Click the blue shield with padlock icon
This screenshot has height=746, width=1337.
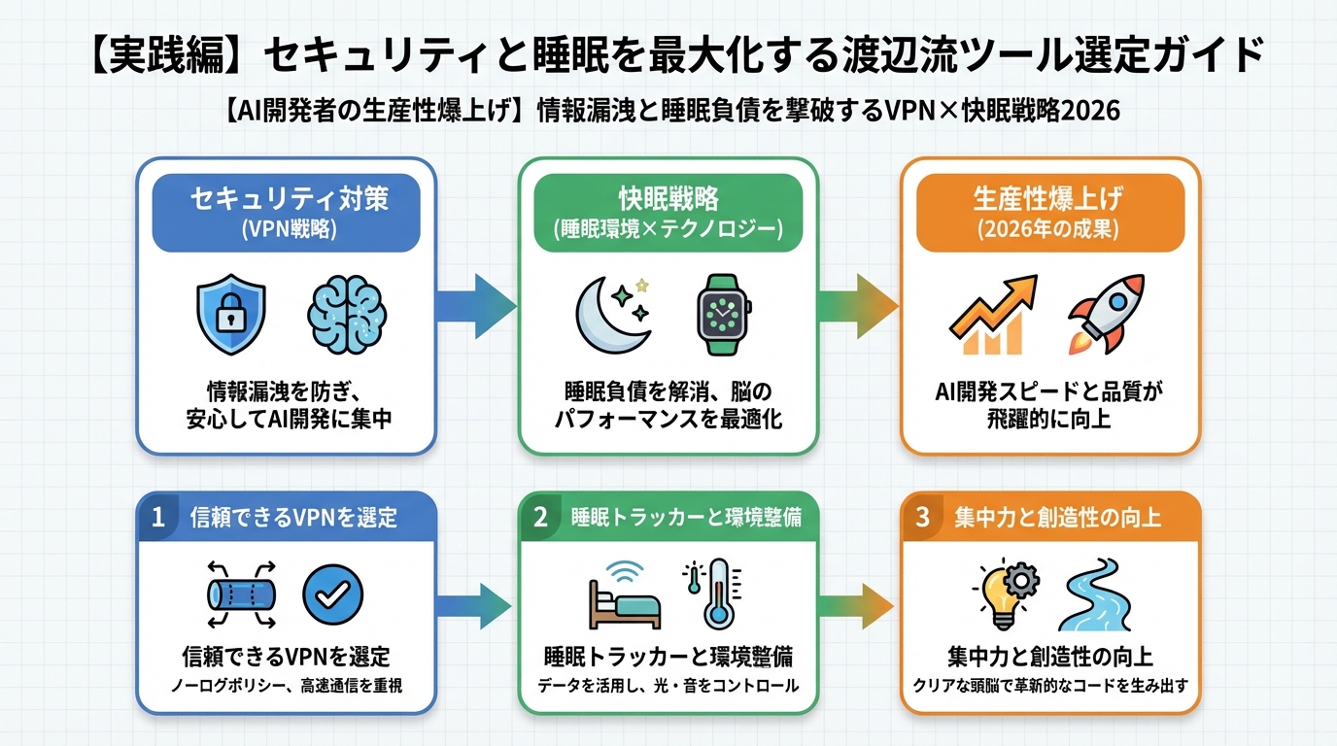[231, 316]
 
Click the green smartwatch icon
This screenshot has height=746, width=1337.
[724, 316]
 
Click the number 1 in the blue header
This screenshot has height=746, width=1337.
[158, 517]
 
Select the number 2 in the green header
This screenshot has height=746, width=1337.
[541, 517]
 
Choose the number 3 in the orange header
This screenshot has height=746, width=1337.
[923, 517]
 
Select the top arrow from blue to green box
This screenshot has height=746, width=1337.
[476, 306]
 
